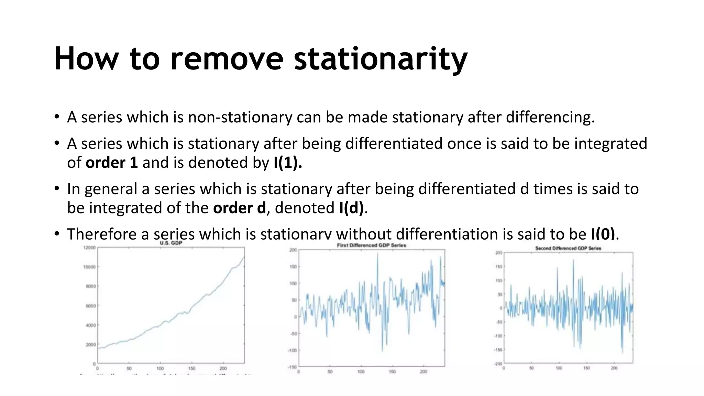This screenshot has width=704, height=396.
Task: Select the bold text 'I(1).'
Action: [x=288, y=163]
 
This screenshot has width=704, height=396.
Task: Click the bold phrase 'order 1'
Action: [x=112, y=163]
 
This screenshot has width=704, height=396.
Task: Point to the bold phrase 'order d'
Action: [x=239, y=208]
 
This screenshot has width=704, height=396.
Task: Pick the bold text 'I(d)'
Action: [x=351, y=208]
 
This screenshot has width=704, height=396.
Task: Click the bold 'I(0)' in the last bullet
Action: [x=603, y=234]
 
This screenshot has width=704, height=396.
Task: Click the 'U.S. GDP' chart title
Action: [x=171, y=243]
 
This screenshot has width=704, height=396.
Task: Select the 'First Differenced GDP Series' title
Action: [x=371, y=245]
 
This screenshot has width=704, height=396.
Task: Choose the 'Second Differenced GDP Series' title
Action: [x=568, y=248]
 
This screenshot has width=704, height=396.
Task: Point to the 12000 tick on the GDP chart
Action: [x=89, y=247]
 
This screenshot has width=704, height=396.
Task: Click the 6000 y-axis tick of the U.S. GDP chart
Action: [x=91, y=306]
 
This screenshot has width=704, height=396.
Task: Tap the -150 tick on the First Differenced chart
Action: [x=292, y=367]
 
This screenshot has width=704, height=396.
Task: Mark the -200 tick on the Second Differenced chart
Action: [x=498, y=364]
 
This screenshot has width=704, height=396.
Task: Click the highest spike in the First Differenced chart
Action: [x=377, y=254]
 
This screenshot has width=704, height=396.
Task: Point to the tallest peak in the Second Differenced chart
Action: [x=573, y=260]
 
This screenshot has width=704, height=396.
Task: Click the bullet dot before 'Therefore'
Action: [x=57, y=234]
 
